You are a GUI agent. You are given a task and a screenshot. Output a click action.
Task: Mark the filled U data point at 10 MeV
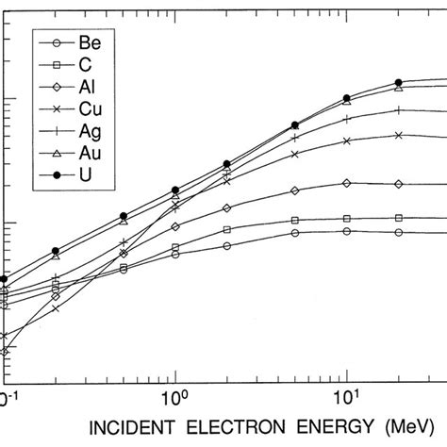[347, 97]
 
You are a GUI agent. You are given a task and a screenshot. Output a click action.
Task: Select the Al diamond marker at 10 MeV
[347, 183]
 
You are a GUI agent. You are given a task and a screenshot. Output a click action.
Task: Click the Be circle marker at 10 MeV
[347, 231]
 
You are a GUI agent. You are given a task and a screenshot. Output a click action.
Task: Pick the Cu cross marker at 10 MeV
[347, 141]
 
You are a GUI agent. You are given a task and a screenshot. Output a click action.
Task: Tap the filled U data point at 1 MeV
[175, 190]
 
